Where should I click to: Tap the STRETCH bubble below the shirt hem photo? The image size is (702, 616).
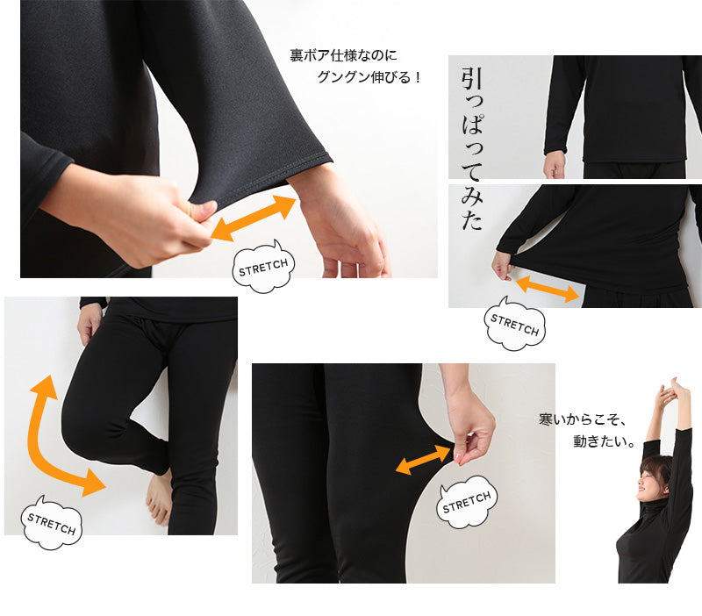(515, 326)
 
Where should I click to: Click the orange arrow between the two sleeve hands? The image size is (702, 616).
(253, 218)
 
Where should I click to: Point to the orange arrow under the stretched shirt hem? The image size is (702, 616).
(547, 288)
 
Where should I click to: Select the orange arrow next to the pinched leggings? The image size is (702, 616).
(423, 460)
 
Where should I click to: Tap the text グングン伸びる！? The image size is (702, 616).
(369, 77)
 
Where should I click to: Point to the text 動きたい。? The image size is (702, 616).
(604, 442)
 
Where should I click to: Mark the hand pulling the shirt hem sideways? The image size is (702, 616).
(502, 264)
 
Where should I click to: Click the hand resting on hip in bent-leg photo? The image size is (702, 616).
(90, 323)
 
